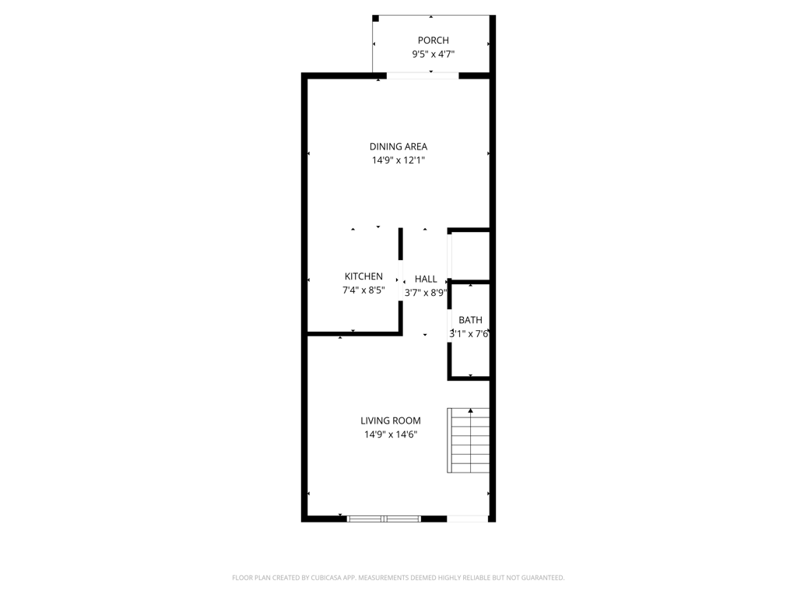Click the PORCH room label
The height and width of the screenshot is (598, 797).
(x=433, y=40)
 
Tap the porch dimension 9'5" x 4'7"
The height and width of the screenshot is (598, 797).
(x=433, y=55)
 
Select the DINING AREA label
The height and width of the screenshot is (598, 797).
(x=398, y=146)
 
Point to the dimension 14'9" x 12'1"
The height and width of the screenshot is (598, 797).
(x=398, y=160)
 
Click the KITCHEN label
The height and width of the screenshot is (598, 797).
(x=363, y=276)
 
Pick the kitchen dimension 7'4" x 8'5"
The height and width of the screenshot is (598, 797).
(x=363, y=290)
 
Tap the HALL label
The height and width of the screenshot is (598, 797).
(x=426, y=279)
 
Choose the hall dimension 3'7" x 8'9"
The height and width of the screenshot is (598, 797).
(x=426, y=293)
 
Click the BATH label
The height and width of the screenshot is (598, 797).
(x=470, y=320)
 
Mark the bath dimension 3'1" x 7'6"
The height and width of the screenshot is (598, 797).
(x=469, y=334)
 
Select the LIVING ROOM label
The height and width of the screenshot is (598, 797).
(x=391, y=420)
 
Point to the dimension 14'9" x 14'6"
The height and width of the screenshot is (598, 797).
(x=391, y=434)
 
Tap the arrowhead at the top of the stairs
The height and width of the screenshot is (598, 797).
(x=470, y=410)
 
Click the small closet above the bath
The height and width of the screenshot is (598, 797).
(x=470, y=255)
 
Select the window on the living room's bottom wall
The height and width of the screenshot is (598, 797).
(x=384, y=518)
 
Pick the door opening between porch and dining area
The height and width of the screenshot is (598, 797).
(x=423, y=76)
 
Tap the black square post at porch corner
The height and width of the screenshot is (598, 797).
(x=376, y=18)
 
